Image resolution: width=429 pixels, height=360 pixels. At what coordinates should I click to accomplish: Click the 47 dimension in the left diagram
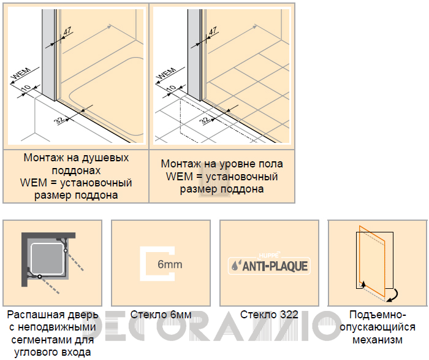tap(67, 31)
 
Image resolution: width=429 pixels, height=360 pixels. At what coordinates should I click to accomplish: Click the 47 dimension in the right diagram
tap(213, 31)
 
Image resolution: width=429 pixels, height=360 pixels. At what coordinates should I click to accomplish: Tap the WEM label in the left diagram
tap(21, 74)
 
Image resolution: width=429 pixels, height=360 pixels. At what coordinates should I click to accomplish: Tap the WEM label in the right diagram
tap(167, 74)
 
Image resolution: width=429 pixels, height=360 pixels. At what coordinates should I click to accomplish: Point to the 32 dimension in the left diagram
tap(59, 120)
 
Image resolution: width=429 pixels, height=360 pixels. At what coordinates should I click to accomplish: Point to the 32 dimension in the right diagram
tap(205, 120)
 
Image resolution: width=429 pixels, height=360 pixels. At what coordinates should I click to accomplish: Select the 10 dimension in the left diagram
tap(26, 88)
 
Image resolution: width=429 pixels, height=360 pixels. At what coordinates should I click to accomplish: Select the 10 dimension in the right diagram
tap(171, 88)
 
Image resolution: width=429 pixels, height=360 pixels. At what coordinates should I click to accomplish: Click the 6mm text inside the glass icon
tap(170, 264)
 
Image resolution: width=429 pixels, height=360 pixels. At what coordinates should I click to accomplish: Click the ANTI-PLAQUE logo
tap(269, 266)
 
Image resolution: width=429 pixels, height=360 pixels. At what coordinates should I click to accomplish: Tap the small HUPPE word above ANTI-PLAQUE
tap(268, 256)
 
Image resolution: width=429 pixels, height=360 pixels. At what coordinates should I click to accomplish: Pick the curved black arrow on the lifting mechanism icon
tap(393, 296)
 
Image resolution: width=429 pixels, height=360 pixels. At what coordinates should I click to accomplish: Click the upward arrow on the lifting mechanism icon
tap(363, 285)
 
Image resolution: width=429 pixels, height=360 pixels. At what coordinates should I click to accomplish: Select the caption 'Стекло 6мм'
tap(161, 315)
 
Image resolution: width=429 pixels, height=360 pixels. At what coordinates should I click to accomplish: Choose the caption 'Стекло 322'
tap(269, 315)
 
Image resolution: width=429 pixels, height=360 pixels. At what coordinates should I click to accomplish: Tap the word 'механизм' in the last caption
tap(378, 340)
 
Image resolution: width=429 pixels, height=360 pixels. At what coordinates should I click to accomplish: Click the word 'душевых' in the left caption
tap(105, 158)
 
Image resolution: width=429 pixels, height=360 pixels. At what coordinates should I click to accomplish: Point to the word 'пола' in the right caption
tap(270, 164)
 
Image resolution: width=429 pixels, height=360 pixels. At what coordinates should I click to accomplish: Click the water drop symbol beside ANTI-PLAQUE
tap(235, 266)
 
